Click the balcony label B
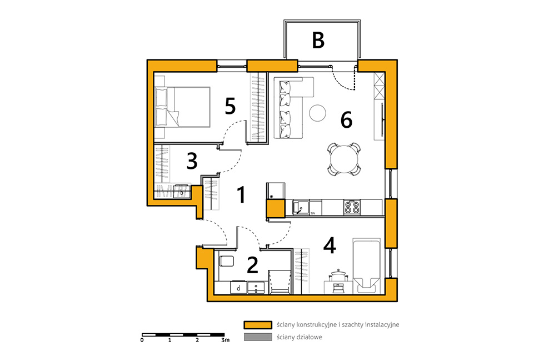point(318,40)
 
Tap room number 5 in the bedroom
point(230,106)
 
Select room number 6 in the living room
point(347,120)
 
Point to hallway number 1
point(242,195)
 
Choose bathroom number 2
point(253,265)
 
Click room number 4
point(330,245)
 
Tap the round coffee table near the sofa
point(317,113)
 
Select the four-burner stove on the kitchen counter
point(352,207)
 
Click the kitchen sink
point(301,207)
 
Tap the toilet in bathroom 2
point(226,261)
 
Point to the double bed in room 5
point(182,107)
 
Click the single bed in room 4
point(366,266)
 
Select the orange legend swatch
point(258,324)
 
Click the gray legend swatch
point(258,337)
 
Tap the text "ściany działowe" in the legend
point(300,337)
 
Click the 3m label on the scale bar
point(225,340)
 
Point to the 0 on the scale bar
point(142,340)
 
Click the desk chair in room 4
point(338,281)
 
